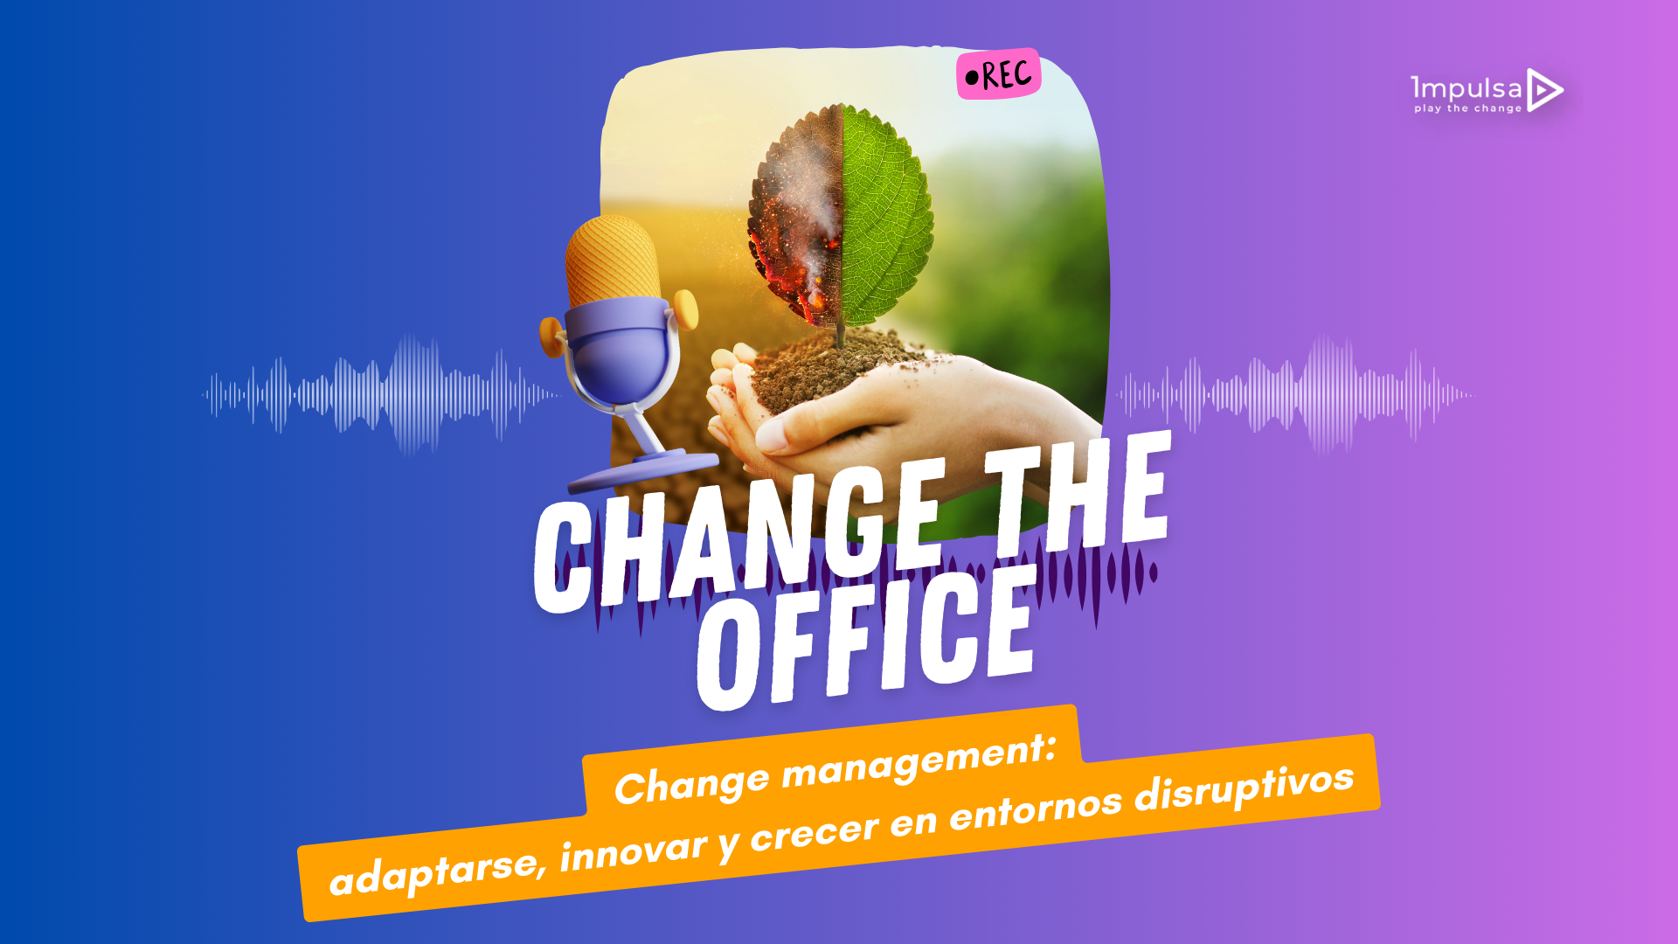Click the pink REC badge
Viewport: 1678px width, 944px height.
[998, 74]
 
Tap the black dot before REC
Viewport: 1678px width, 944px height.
[972, 79]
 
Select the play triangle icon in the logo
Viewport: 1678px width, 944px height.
[1544, 90]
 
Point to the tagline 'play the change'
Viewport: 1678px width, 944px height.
[1468, 108]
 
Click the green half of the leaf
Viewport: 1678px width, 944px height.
[885, 215]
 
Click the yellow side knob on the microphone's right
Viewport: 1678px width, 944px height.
[686, 309]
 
